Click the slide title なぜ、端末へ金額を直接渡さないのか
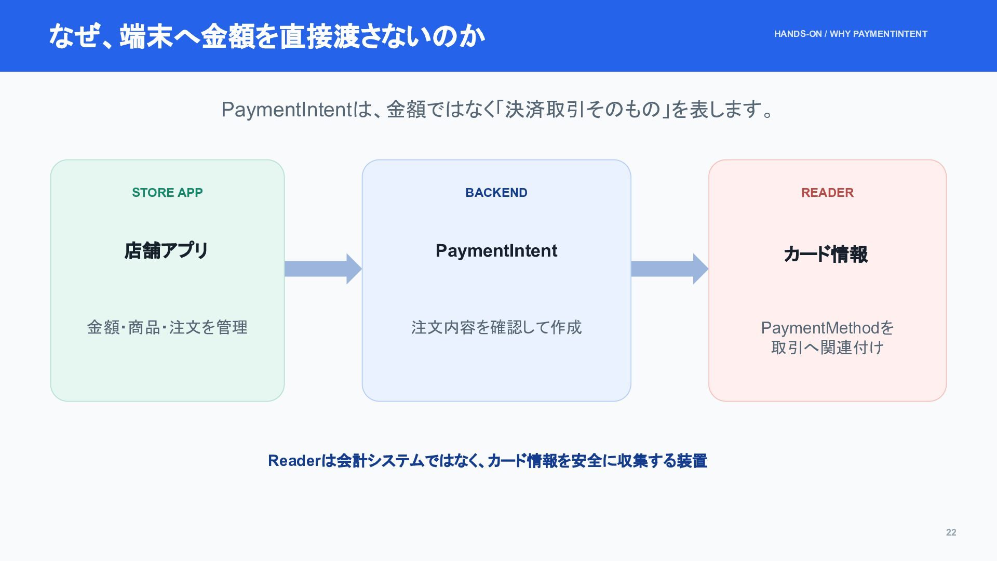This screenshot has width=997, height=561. click(x=266, y=36)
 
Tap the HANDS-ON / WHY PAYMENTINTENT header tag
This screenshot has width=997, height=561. click(x=851, y=34)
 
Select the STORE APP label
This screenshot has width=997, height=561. click(x=167, y=193)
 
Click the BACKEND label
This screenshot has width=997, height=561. click(x=496, y=193)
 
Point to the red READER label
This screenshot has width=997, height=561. click(x=827, y=193)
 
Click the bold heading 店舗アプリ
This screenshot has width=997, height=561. click(x=167, y=250)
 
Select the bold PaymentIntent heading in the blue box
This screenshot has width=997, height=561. click(x=496, y=251)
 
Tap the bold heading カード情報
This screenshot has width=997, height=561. click(x=826, y=255)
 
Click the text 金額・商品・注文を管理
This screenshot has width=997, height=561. click(x=167, y=327)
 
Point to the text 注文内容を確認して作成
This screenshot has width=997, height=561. click(x=496, y=327)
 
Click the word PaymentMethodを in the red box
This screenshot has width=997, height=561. click(x=827, y=328)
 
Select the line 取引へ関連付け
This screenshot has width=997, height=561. click(x=827, y=348)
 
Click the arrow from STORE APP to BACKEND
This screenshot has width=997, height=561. click(x=323, y=269)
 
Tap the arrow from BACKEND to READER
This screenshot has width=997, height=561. click(x=670, y=269)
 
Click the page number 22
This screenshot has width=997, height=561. click(x=951, y=532)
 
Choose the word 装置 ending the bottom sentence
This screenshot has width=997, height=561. click(x=692, y=461)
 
